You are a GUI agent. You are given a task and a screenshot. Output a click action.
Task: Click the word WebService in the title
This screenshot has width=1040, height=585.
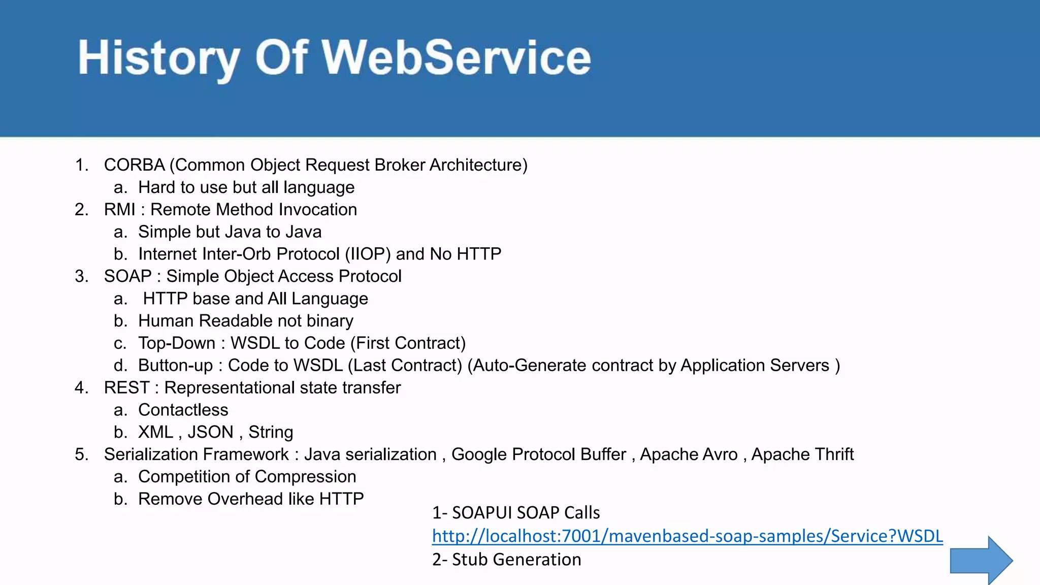pos(456,57)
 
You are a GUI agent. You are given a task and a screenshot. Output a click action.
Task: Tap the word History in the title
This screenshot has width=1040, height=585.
pos(158,57)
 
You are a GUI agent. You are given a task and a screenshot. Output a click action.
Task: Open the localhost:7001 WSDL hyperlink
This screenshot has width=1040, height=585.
pos(687,536)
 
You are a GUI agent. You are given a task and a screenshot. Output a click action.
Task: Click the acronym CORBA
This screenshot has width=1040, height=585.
pos(134,165)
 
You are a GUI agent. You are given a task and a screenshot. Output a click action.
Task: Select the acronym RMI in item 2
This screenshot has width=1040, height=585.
pos(119,210)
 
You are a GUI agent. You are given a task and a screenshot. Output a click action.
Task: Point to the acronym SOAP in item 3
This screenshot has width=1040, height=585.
pos(127,276)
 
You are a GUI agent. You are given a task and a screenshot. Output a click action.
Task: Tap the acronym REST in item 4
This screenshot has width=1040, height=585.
pos(126,387)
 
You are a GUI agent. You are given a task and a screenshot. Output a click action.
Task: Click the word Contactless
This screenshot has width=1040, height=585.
pos(183,410)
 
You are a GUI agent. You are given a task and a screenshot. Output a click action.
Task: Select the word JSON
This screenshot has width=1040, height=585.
pos(210,432)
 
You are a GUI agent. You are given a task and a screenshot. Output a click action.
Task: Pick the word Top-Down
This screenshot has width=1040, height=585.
pos(177,343)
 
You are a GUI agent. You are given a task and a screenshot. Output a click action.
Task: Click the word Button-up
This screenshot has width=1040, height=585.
pos(175,366)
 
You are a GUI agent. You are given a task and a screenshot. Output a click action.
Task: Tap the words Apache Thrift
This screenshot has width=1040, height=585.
pos(802,454)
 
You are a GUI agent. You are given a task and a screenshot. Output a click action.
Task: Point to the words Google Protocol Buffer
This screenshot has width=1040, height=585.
pos(538,454)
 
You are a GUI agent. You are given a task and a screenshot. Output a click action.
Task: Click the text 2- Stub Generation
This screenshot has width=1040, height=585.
pos(506,560)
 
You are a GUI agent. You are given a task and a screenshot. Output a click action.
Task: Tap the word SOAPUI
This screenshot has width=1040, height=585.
pos(482,513)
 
